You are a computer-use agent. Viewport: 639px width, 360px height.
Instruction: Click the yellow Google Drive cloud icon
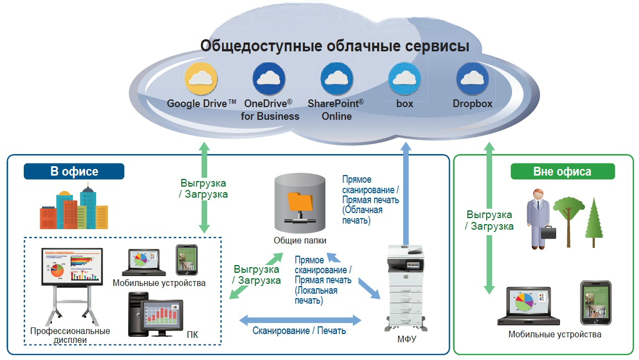click(202, 79)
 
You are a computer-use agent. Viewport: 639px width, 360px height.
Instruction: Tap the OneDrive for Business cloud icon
click(270, 79)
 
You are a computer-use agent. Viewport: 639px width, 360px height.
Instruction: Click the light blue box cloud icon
click(404, 79)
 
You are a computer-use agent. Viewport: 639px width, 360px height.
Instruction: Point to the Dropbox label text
click(472, 103)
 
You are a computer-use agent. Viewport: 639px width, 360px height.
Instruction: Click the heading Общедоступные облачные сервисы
click(334, 45)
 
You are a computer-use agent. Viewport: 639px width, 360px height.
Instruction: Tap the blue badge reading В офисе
click(74, 171)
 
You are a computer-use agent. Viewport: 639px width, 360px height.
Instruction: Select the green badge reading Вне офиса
click(562, 171)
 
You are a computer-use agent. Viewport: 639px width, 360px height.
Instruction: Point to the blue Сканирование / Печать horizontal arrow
click(299, 319)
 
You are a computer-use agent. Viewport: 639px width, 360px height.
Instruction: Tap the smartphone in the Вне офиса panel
click(595, 303)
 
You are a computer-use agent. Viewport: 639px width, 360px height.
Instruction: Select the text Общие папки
click(300, 241)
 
